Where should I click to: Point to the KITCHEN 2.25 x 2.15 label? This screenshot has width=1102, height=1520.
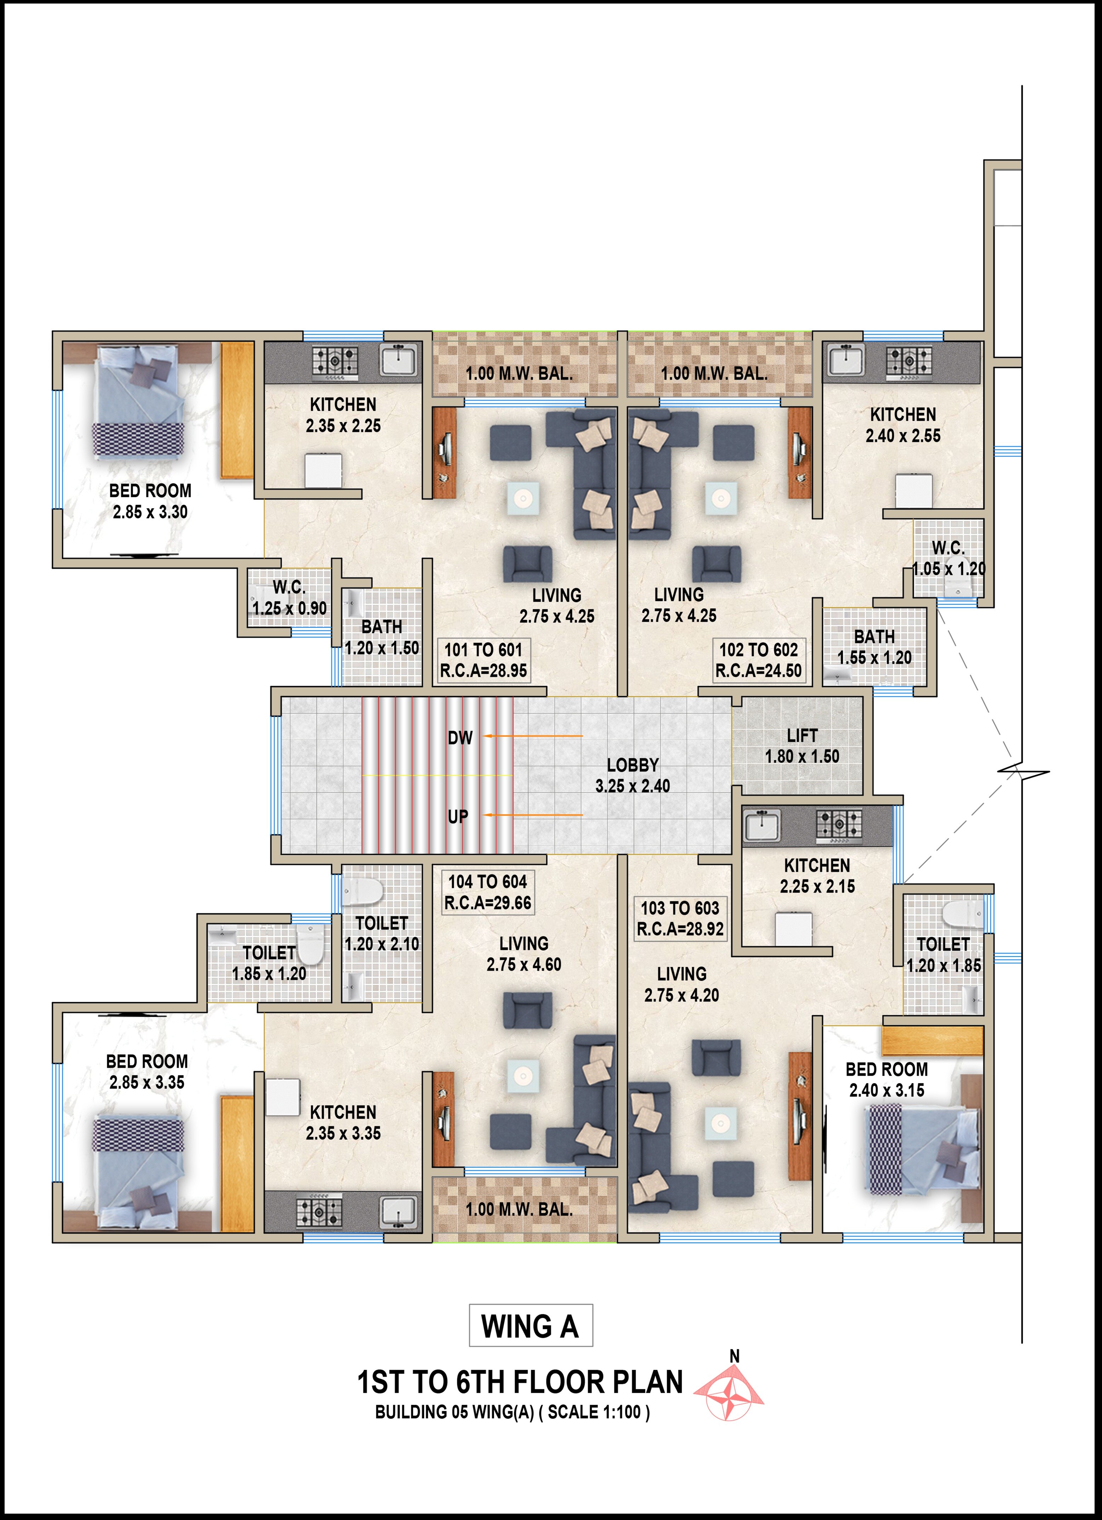(817, 875)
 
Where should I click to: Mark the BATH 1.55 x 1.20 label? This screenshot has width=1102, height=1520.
(874, 647)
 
